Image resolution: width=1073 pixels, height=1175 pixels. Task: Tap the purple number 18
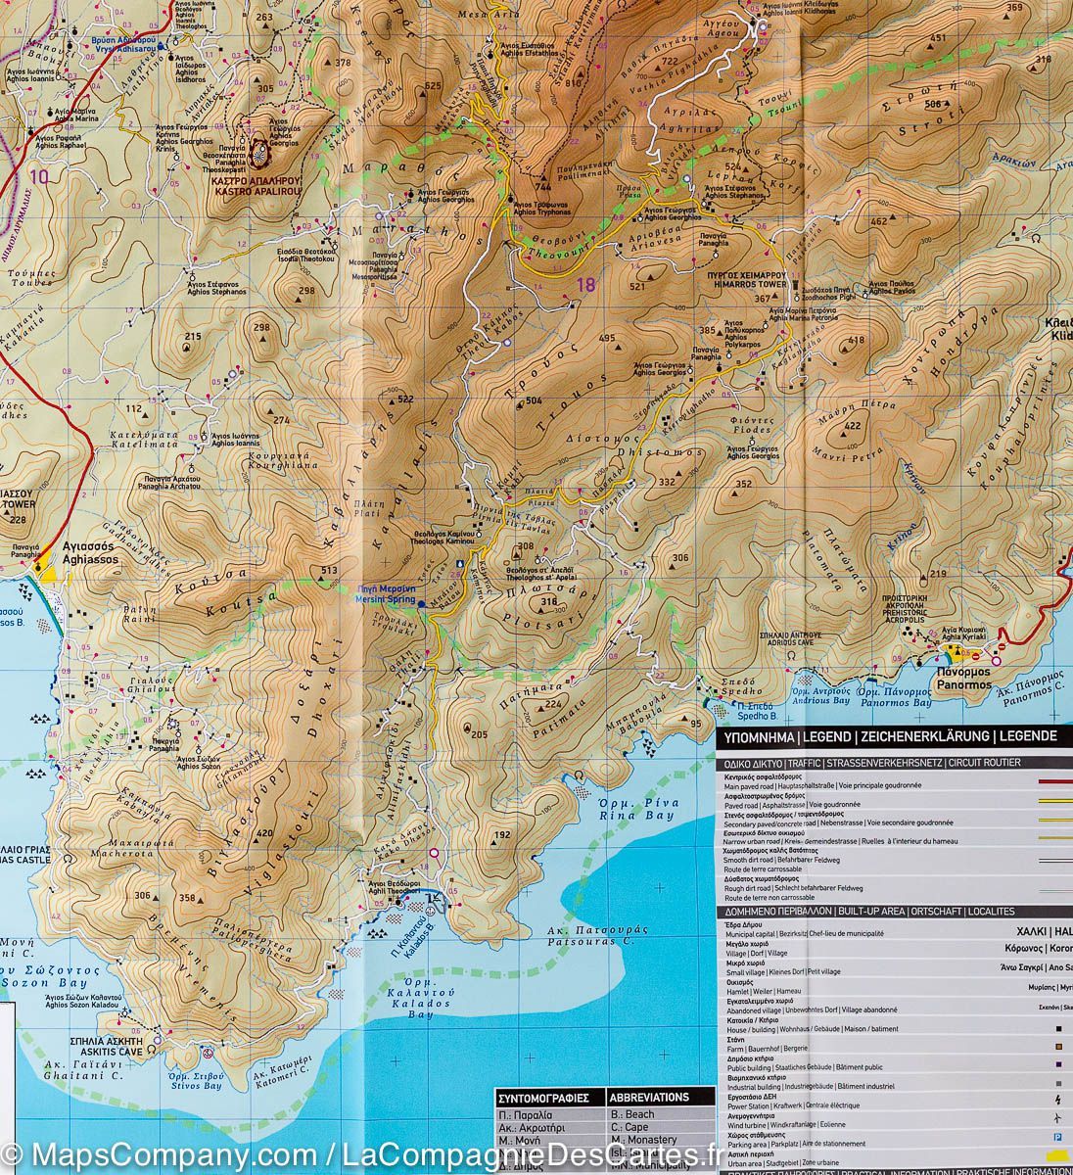585,285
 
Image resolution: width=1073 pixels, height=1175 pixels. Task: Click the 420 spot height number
263,833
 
